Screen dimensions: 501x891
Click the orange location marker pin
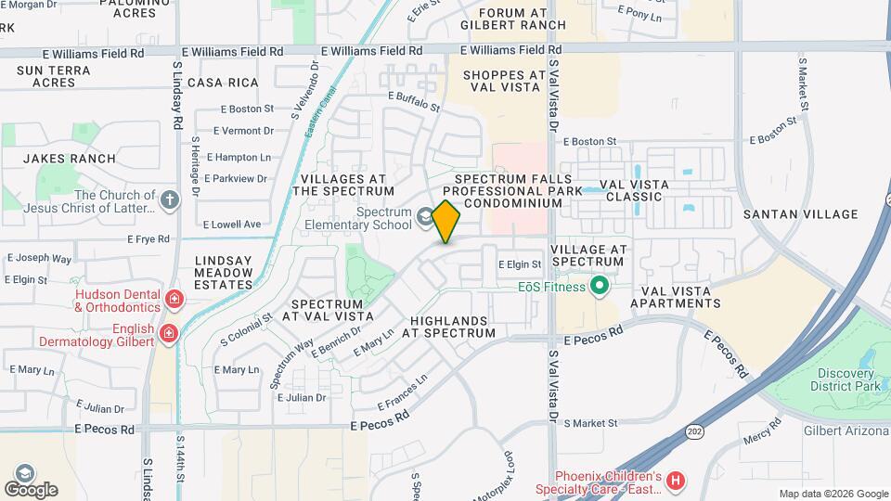click(x=446, y=221)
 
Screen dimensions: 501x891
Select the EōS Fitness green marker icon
click(x=600, y=286)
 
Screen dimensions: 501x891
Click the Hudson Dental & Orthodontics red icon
click(x=173, y=298)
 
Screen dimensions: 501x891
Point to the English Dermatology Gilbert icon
click(x=168, y=333)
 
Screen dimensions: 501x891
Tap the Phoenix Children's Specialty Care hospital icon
click(x=676, y=480)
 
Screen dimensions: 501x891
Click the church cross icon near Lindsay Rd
click(x=169, y=199)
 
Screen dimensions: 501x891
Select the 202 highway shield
click(x=694, y=431)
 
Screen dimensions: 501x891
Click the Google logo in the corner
click(x=30, y=489)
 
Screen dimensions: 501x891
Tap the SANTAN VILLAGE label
click(x=801, y=214)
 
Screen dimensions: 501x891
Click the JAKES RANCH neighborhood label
click(x=70, y=159)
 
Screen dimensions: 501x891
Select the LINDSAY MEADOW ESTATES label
click(x=224, y=273)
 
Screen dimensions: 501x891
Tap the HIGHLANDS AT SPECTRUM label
click(x=452, y=326)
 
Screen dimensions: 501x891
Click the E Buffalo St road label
click(x=415, y=101)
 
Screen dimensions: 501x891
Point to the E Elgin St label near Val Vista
click(x=520, y=264)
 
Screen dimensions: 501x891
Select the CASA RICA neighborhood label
click(x=222, y=83)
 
